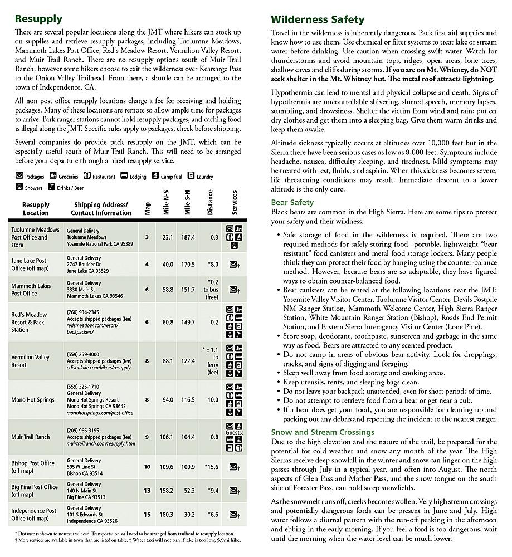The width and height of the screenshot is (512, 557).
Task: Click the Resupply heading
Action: click(38, 19)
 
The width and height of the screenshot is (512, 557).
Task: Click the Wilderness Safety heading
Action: click(318, 20)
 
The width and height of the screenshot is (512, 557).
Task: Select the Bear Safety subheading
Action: click(292, 203)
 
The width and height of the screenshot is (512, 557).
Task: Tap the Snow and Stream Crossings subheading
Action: click(323, 432)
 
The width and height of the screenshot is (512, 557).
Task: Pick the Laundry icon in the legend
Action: click(191, 176)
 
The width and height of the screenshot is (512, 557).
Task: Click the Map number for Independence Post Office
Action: click(147, 515)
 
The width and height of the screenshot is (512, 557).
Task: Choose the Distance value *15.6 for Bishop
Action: click(212, 467)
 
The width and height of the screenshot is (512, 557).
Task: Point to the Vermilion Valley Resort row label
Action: click(30, 361)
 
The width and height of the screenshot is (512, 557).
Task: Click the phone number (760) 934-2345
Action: click(83, 312)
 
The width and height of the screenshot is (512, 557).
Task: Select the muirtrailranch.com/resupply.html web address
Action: click(101, 444)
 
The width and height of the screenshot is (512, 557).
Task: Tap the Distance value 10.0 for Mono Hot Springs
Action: click(212, 400)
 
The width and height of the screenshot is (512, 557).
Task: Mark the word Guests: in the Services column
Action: click(235, 432)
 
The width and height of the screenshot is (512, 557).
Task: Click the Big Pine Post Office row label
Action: click(35, 491)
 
